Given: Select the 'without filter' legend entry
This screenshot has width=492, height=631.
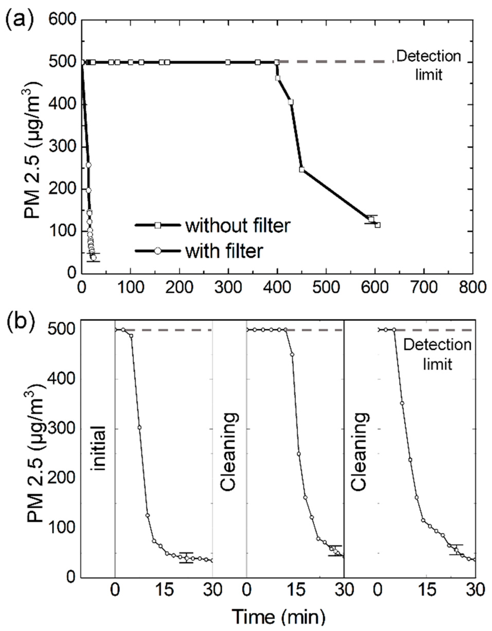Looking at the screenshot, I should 237,225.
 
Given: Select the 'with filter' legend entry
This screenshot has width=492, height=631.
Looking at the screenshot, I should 224,251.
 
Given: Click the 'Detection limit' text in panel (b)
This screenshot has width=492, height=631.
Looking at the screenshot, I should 437,354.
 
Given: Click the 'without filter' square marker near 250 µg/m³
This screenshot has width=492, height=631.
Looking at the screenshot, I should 302,170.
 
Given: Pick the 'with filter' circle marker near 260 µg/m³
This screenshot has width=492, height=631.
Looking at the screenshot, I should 88,165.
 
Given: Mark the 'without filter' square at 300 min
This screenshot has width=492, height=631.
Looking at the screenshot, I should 228,62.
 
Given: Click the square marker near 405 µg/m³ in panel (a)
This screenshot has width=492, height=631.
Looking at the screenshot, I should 291,102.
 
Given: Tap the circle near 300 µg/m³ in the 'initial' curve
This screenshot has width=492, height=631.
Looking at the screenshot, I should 140,427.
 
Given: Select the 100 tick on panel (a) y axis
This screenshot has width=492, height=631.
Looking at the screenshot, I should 62,231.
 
